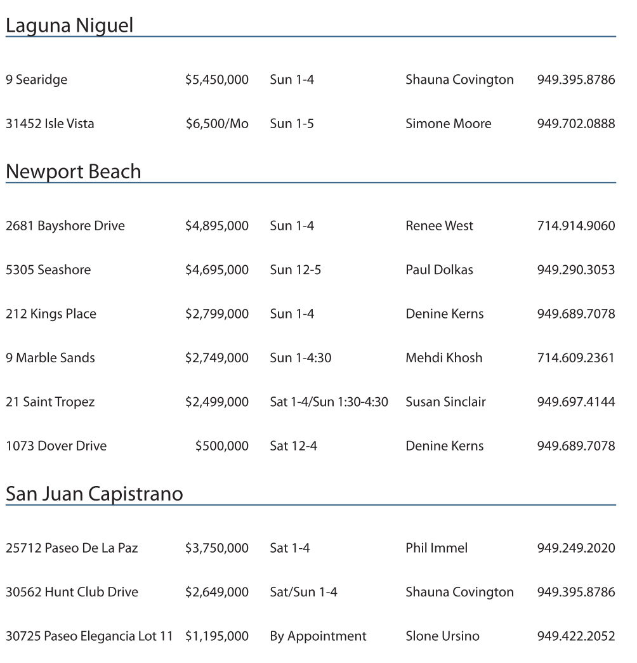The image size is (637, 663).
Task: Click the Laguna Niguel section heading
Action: click(69, 26)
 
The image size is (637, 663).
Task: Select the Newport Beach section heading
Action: click(73, 172)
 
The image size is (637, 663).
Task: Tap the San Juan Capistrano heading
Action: click(94, 494)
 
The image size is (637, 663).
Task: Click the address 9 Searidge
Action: click(36, 80)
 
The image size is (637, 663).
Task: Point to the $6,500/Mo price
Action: click(216, 124)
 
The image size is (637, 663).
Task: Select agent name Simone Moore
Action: click(448, 124)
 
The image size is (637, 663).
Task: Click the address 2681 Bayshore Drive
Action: click(65, 226)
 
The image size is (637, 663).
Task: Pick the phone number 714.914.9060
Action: click(575, 226)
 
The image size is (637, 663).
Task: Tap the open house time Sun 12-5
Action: click(295, 270)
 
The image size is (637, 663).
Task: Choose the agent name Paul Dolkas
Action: click(439, 270)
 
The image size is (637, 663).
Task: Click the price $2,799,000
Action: click(216, 314)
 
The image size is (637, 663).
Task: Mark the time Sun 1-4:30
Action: click(300, 358)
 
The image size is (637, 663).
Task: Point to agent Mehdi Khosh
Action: click(443, 358)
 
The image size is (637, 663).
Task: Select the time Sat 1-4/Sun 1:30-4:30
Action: click(329, 402)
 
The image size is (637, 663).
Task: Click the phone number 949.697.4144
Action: click(575, 402)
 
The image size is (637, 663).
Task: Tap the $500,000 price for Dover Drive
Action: click(221, 446)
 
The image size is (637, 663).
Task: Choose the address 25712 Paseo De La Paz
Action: click(72, 548)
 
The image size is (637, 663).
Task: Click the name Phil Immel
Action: click(436, 548)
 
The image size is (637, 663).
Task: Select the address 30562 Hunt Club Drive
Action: click(72, 592)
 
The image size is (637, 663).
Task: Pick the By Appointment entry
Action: click(318, 636)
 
